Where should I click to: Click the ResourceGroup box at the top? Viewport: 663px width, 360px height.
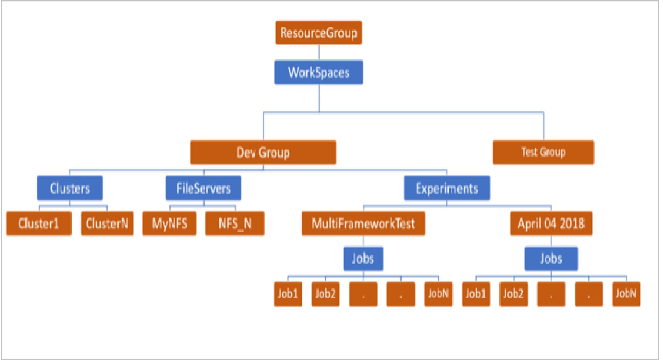319,33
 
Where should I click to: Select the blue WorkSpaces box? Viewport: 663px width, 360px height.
319,72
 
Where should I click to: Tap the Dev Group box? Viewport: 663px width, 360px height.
263,152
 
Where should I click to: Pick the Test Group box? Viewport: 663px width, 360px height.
543,152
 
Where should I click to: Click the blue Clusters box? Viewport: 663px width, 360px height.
70,188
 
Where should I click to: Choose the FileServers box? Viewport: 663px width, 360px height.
203,188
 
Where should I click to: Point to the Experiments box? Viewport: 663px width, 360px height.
447,188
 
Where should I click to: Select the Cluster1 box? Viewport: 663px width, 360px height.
39,223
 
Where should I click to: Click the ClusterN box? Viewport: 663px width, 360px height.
107,223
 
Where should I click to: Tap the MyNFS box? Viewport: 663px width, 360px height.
169,223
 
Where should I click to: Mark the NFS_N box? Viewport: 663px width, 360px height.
235,223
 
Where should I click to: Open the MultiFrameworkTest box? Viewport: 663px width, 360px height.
363,223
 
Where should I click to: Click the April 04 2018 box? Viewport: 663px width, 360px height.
551,223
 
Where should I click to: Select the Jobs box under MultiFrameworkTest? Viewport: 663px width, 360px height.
363,258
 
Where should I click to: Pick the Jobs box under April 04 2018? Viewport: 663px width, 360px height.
551,258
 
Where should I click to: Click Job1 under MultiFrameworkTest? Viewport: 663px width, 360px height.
288,294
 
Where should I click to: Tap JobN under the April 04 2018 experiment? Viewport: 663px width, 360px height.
626,294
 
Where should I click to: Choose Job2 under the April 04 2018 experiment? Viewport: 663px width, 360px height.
514,294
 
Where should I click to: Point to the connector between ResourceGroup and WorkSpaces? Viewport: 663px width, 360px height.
319,51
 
